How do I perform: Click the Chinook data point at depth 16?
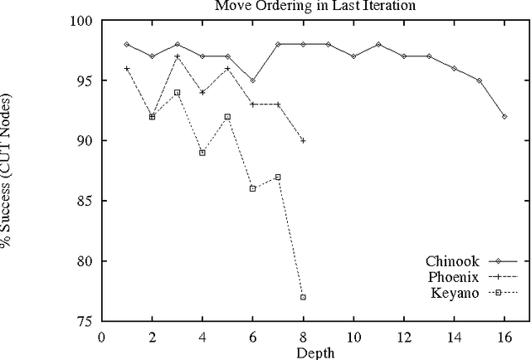click(x=504, y=117)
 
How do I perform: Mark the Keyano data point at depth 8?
click(x=303, y=297)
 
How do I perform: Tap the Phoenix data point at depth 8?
click(x=303, y=141)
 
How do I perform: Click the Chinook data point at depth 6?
click(x=252, y=80)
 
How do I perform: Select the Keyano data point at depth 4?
click(x=202, y=153)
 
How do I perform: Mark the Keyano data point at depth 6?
click(x=252, y=189)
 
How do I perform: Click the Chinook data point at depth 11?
click(x=378, y=45)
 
